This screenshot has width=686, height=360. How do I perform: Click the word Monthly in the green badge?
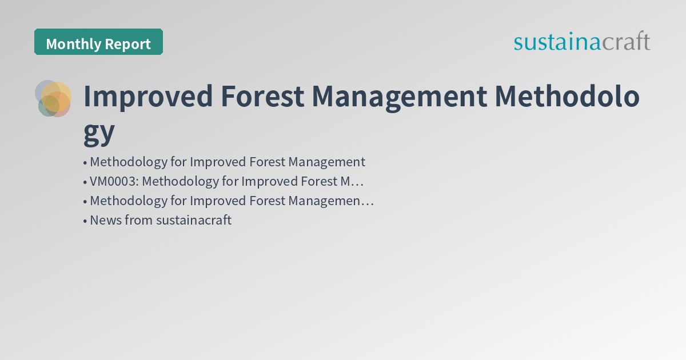tap(71, 44)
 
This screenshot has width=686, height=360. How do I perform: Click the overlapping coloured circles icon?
tap(53, 98)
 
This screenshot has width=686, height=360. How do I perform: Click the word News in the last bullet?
tap(105, 221)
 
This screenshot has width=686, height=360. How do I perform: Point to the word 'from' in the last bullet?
tap(138, 221)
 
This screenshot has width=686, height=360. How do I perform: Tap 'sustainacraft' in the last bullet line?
tap(194, 221)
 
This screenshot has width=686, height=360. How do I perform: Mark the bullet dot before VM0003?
tap(85, 182)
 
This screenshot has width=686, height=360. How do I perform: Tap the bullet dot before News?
tap(85, 221)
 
